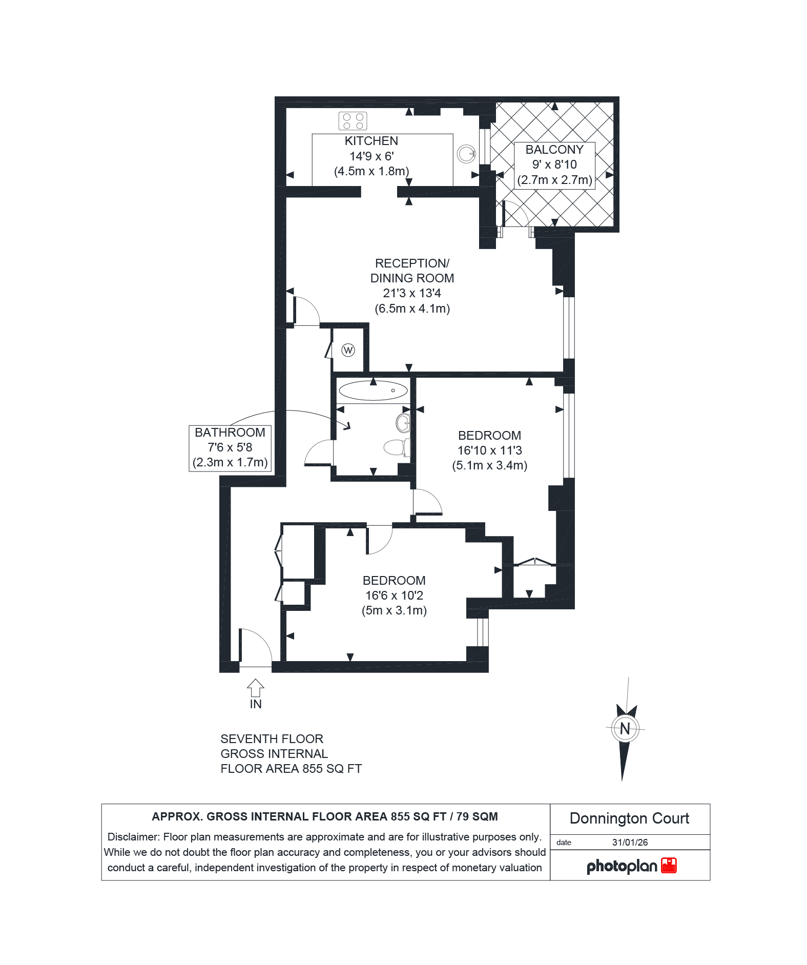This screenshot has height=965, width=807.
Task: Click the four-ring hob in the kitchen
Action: pyautogui.click(x=353, y=121)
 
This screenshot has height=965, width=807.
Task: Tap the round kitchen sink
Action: pyautogui.click(x=466, y=154)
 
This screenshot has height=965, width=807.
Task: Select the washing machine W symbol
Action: pyautogui.click(x=348, y=351)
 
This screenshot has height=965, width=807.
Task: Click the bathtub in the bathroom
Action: pyautogui.click(x=374, y=391)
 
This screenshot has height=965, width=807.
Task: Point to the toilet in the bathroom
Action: pyautogui.click(x=397, y=447)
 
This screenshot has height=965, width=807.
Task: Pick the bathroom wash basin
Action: pyautogui.click(x=403, y=423)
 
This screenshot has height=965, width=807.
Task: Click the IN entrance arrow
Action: pyautogui.click(x=256, y=688)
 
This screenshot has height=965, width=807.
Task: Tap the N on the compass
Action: pyautogui.click(x=625, y=729)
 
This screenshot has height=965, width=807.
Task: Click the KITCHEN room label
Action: pyautogui.click(x=371, y=141)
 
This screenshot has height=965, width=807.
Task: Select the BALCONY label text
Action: pyautogui.click(x=554, y=150)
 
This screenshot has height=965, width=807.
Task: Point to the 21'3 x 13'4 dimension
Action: pyautogui.click(x=412, y=293)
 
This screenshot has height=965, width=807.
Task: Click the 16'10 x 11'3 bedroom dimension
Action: pyautogui.click(x=490, y=450)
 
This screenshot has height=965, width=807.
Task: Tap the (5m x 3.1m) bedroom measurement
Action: pyautogui.click(x=394, y=610)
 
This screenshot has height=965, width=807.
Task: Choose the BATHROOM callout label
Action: pyautogui.click(x=230, y=433)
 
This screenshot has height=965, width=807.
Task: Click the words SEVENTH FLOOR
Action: pyautogui.click(x=272, y=739)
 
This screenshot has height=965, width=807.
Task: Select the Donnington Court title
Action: pyautogui.click(x=629, y=818)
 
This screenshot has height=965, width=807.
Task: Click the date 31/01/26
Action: pyautogui.click(x=630, y=843)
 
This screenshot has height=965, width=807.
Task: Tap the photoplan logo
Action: pyautogui.click(x=632, y=866)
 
